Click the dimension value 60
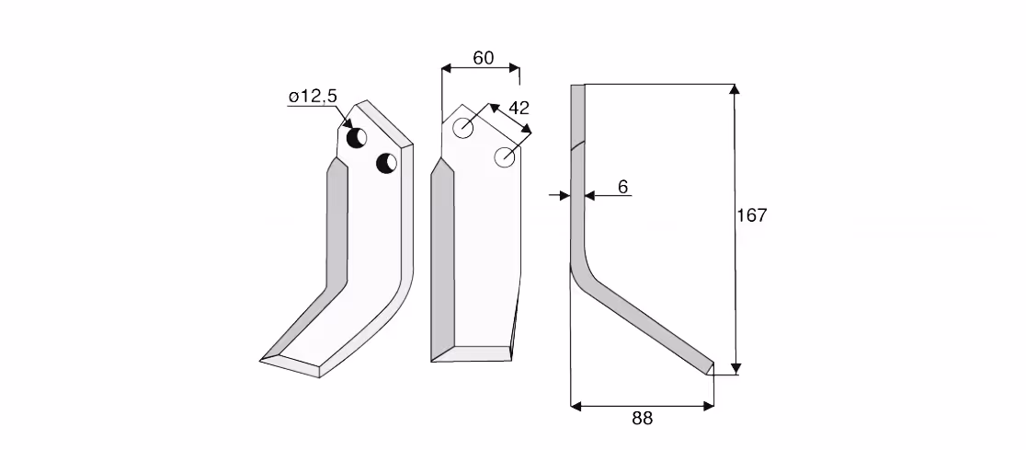(x=483, y=58)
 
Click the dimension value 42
(x=519, y=108)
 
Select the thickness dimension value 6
(x=623, y=188)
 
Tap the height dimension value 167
(x=752, y=214)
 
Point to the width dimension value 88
(x=642, y=419)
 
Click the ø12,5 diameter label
(x=313, y=97)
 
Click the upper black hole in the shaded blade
(x=357, y=137)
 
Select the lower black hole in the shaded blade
(x=387, y=163)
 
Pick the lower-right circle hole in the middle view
(x=505, y=157)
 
